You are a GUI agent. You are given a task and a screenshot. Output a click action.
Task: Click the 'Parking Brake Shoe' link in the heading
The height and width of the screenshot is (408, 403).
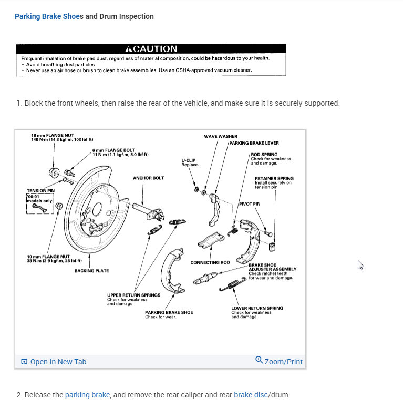46,16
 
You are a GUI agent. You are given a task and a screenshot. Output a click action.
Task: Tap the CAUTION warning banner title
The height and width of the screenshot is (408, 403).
151,49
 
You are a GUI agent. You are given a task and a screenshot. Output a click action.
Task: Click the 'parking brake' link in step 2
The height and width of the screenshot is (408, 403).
87,395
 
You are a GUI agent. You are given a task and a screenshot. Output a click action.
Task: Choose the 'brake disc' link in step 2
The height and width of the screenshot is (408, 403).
251,395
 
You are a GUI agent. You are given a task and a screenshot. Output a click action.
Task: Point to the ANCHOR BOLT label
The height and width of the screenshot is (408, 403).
148,178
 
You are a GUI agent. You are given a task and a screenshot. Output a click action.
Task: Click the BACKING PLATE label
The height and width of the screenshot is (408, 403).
91,271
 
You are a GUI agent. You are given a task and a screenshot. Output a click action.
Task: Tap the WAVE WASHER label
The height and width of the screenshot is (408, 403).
220,136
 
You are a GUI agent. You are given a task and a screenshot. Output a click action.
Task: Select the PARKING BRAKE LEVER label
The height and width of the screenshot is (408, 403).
254,143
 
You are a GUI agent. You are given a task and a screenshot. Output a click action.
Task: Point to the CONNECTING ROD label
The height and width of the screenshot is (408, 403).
210,262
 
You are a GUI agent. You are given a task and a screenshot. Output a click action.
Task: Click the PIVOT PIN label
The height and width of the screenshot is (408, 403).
250,203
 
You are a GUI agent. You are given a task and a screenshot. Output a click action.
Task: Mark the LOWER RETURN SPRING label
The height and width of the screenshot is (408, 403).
257,308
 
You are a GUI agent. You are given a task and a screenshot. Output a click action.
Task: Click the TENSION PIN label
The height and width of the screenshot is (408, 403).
40,190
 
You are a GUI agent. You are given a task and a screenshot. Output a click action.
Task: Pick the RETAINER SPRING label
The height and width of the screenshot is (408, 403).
274,178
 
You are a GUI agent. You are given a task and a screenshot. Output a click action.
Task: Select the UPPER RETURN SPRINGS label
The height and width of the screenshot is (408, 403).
133,295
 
